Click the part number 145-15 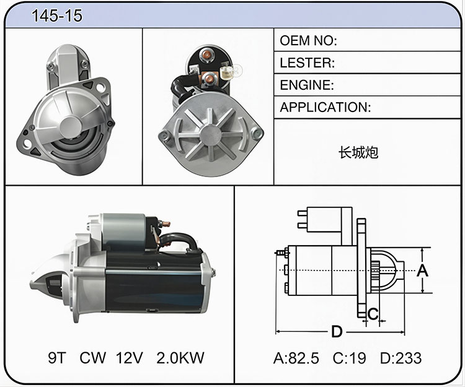click(56, 15)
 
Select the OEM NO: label click(308, 41)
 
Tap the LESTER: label click(308, 63)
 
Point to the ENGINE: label click(307, 85)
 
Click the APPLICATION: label click(325, 107)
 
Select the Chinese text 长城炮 click(358, 152)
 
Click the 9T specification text click(56, 358)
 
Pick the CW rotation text click(92, 358)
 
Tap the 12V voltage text click(130, 358)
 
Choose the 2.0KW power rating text click(180, 358)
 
